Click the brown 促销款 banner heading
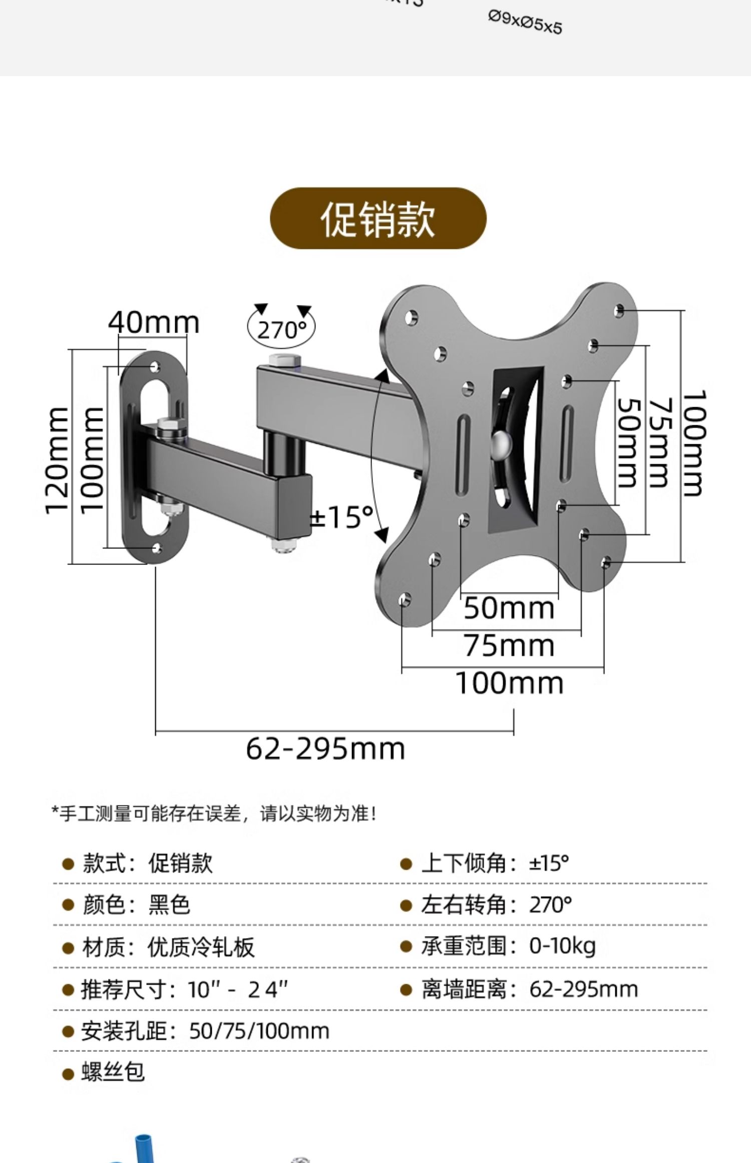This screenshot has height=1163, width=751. [x=378, y=219]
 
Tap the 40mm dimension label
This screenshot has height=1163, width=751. [x=154, y=323]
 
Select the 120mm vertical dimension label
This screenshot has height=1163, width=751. [x=57, y=460]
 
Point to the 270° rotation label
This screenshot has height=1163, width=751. [x=281, y=330]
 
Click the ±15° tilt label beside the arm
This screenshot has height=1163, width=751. [x=342, y=517]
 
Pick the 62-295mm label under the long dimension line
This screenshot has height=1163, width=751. [x=325, y=749]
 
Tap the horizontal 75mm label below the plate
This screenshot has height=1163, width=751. [x=509, y=646]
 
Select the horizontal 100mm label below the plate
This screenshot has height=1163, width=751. [x=509, y=683]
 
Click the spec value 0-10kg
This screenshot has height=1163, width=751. [x=562, y=946]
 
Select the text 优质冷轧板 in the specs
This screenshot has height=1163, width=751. [x=201, y=947]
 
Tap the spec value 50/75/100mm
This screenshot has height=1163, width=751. [x=259, y=1031]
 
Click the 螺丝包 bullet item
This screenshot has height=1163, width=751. [x=113, y=1072]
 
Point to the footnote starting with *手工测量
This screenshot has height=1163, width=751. [x=214, y=813]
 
